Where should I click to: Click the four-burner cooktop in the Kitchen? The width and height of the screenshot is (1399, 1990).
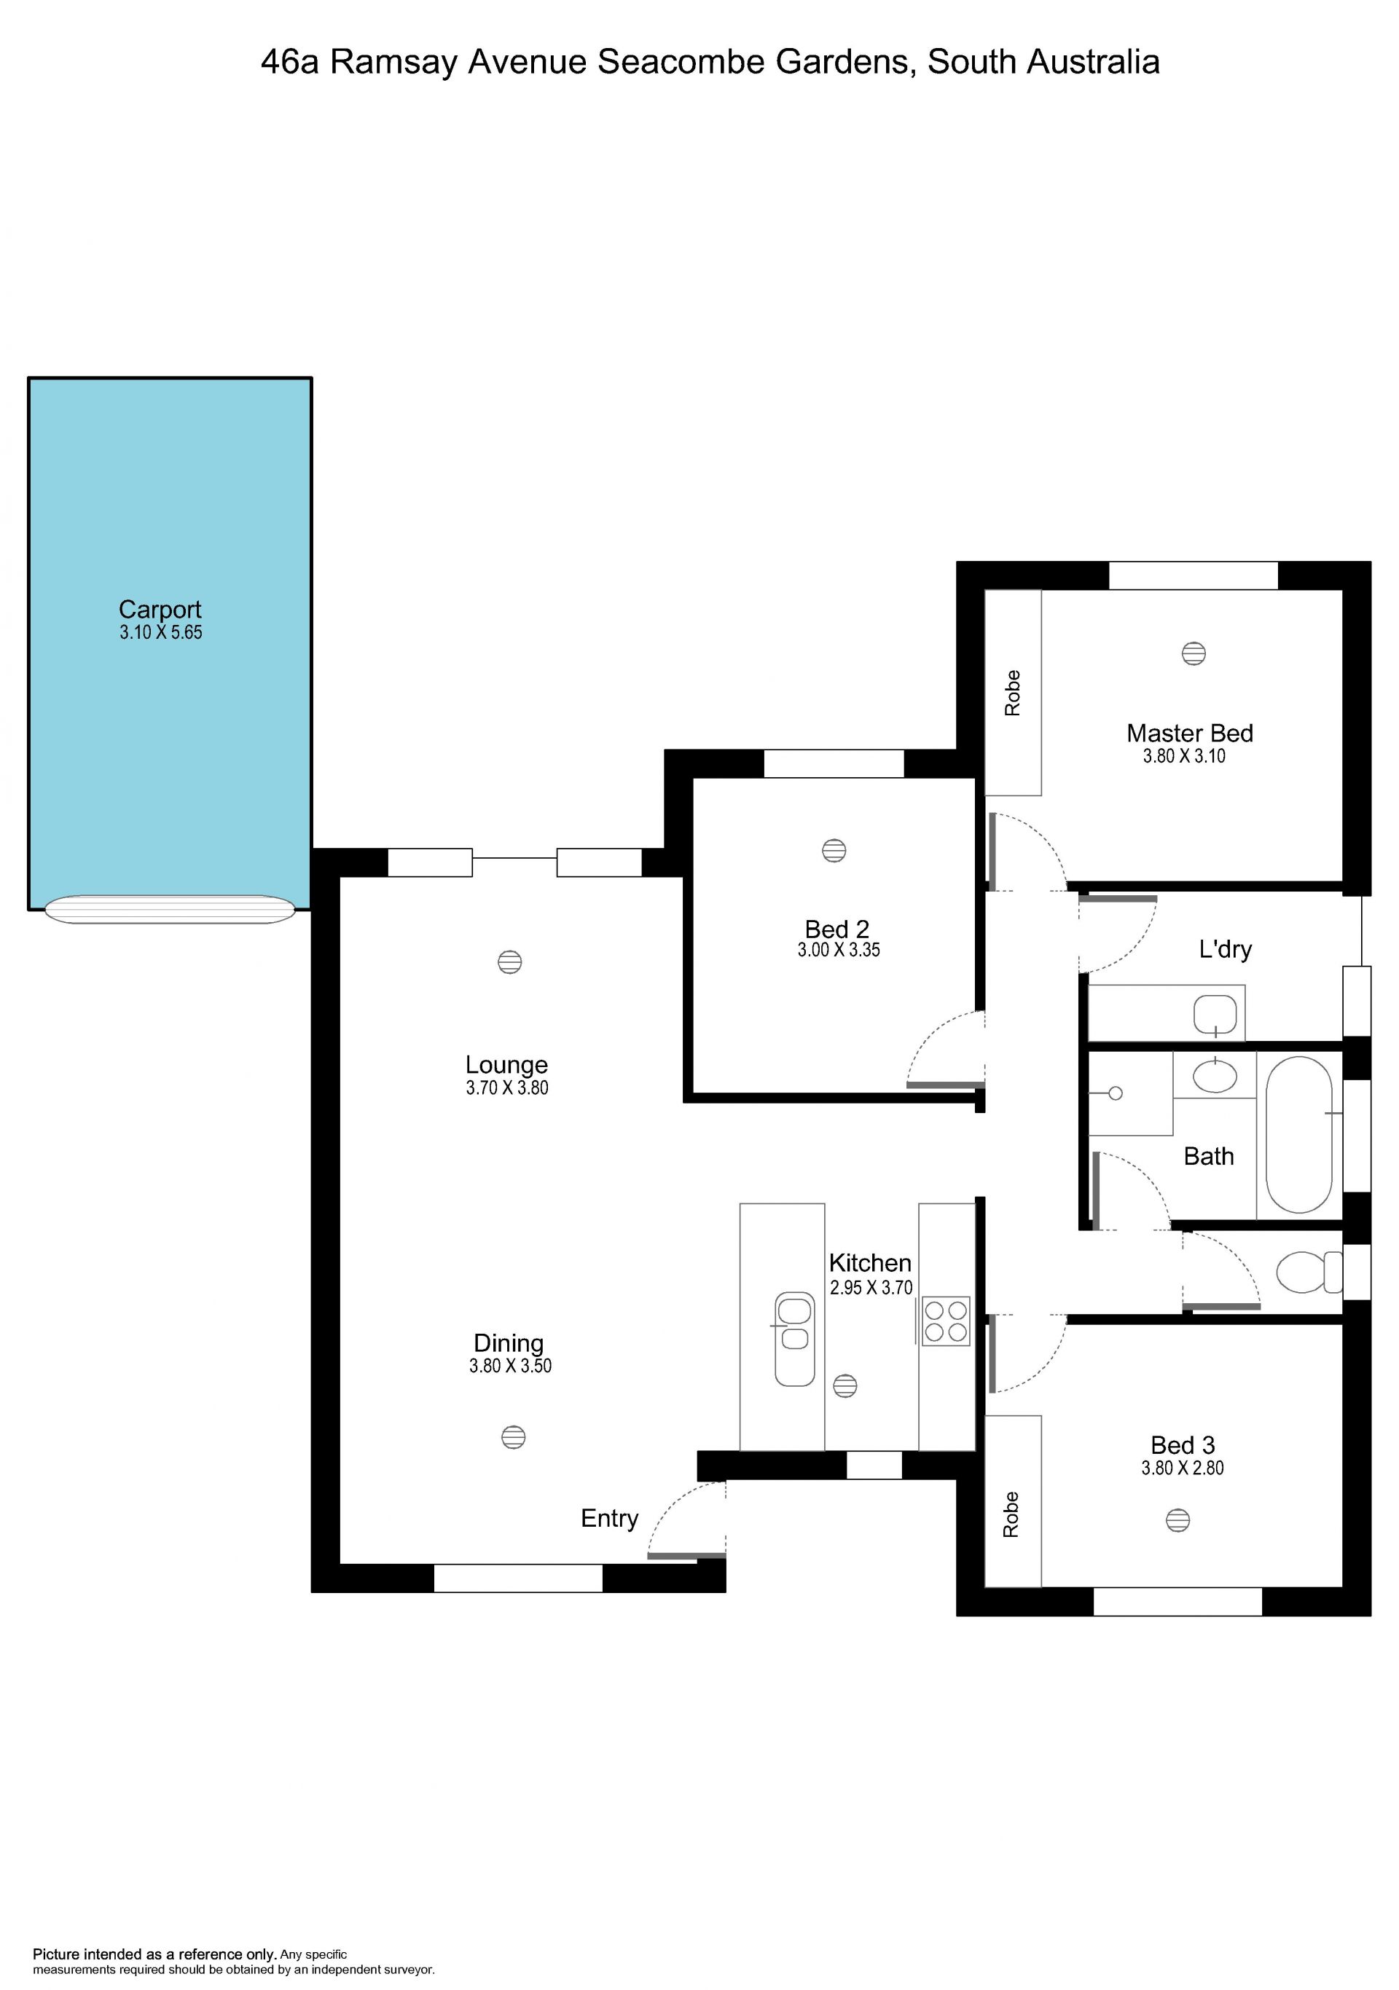tap(946, 1321)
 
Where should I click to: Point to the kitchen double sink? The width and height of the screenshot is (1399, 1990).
tap(794, 1338)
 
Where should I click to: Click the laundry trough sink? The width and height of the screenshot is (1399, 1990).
tap(1215, 1015)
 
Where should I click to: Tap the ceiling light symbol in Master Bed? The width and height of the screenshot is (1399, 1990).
tap(1194, 653)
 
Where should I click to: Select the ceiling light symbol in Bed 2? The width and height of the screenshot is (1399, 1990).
tap(834, 850)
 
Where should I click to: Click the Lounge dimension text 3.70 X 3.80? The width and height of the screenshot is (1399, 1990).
tap(507, 1088)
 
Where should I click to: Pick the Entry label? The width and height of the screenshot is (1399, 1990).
tap(609, 1518)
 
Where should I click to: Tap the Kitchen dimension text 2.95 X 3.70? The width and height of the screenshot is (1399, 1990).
tap(871, 1288)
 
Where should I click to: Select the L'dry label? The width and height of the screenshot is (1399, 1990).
tap(1226, 949)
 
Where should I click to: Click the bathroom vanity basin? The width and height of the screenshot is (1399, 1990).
tap(1215, 1077)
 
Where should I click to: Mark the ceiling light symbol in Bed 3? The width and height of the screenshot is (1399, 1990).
tap(1177, 1519)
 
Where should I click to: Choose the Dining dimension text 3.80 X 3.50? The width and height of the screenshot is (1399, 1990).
tap(511, 1365)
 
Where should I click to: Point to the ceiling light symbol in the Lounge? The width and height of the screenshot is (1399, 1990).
tap(509, 962)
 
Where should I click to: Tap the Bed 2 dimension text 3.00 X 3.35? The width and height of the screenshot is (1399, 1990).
tap(839, 950)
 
